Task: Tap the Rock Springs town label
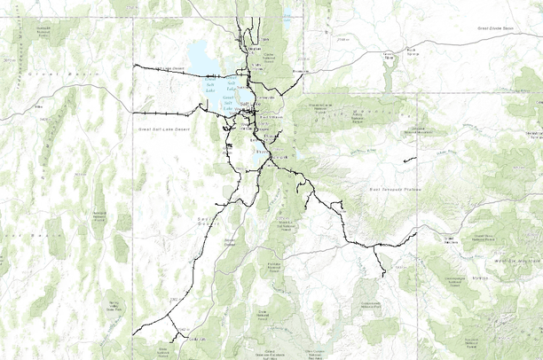[x=410, y=51]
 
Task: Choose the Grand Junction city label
[x=452, y=239]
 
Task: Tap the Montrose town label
[x=482, y=278]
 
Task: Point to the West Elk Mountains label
[x=518, y=262]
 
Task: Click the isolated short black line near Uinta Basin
[x=409, y=160]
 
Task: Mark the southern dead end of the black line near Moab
[x=382, y=276]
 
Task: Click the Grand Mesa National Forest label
[x=484, y=238]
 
